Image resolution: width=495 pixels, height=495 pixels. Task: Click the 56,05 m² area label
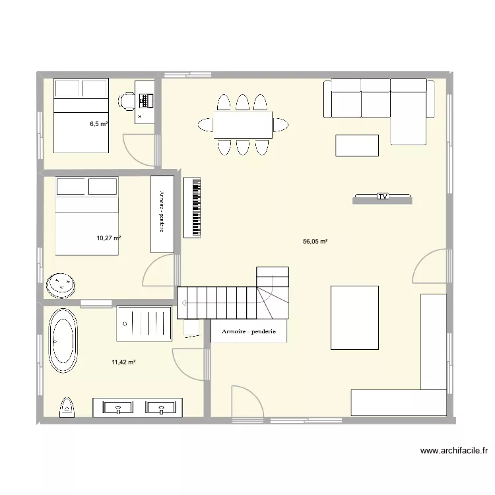pyautogui.click(x=315, y=242)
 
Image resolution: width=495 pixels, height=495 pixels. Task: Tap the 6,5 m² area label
pyautogui.click(x=99, y=123)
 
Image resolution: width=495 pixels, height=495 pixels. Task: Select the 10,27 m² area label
pyautogui.click(x=109, y=238)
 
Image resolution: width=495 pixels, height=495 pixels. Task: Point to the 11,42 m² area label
pyautogui.click(x=123, y=362)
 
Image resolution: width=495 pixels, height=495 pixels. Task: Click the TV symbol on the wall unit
pyautogui.click(x=383, y=197)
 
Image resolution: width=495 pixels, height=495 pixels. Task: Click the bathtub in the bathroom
pyautogui.click(x=63, y=342)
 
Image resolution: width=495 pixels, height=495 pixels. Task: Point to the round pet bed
pyautogui.click(x=63, y=285)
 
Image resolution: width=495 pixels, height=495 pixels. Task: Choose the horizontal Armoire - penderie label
pyautogui.click(x=249, y=332)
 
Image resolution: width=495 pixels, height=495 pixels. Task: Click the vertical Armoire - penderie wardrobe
pyautogui.click(x=161, y=213)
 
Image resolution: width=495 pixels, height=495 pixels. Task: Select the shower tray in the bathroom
pyautogui.click(x=144, y=323)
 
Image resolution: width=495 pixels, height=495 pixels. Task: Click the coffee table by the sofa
pyautogui.click(x=357, y=145)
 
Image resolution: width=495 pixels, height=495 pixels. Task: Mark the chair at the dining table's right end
pyautogui.click(x=281, y=124)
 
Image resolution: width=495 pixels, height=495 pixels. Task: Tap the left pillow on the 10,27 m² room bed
pyautogui.click(x=71, y=187)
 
